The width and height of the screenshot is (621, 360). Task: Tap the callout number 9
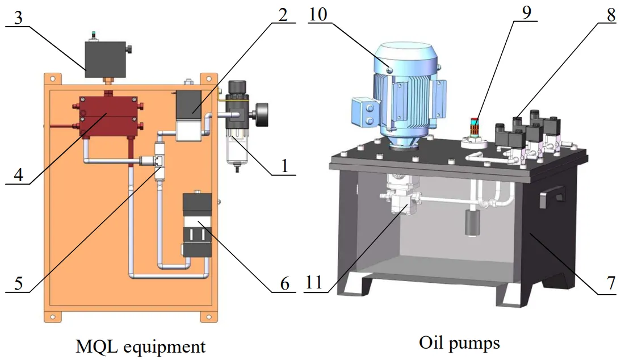pyautogui.click(x=527, y=12)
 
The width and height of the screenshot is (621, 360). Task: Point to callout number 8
pyautogui.click(x=610, y=15)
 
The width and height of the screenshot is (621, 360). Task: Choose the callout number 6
pyautogui.click(x=284, y=282)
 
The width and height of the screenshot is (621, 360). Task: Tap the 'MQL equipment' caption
pyautogui.click(x=140, y=346)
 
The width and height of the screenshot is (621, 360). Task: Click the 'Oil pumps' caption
pyautogui.click(x=459, y=343)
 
